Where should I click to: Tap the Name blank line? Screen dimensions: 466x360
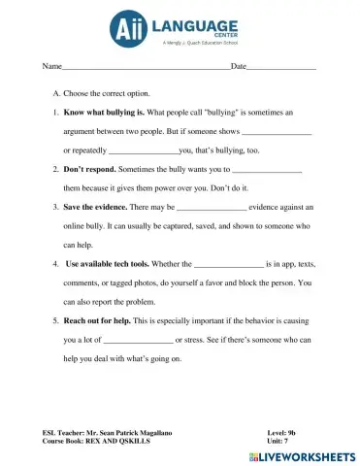[146, 69]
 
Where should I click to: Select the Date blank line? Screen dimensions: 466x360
[281, 69]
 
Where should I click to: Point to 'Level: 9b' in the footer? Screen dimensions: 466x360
[285, 430]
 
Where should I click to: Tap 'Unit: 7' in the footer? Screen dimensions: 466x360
[281, 440]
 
